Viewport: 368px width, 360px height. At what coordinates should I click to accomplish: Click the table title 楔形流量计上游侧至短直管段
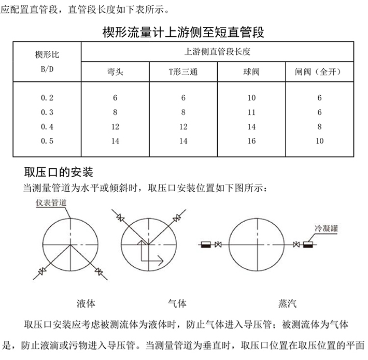[x=184, y=34]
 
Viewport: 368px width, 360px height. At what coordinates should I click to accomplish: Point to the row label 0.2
[x=47, y=97]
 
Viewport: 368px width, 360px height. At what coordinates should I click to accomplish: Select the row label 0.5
[x=47, y=141]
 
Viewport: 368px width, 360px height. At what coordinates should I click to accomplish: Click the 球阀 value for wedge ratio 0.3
[x=252, y=112]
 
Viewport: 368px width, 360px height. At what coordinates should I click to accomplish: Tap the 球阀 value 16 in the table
[x=252, y=141]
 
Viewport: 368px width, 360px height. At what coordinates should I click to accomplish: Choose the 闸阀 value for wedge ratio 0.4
[x=319, y=126]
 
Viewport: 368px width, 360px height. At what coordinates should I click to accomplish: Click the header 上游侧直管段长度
[x=218, y=52]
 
